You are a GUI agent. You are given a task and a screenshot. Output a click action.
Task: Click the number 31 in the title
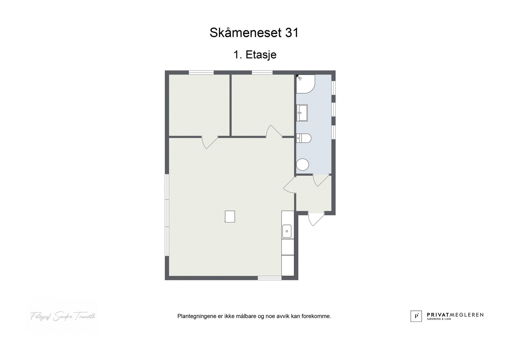click(291, 33)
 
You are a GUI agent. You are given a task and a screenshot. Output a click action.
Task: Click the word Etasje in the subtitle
click(261, 55)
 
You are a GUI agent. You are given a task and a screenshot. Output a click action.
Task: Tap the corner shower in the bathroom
click(305, 84)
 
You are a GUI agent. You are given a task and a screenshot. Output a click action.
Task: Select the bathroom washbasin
click(302, 113)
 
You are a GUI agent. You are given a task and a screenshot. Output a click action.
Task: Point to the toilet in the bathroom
click(303, 138)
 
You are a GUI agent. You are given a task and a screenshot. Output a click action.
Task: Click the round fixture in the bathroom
click(303, 165)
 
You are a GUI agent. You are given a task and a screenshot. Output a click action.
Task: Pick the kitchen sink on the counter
click(287, 231)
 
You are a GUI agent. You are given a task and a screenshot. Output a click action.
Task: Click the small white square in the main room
click(230, 217)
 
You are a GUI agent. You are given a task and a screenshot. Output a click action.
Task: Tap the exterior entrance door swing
click(315, 219)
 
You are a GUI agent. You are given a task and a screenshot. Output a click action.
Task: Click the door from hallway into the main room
click(289, 186)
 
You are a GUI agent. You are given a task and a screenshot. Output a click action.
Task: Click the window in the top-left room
click(201, 73)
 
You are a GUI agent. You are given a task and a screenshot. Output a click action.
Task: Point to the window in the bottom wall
click(269, 278)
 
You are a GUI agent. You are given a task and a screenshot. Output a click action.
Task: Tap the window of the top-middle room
click(262, 73)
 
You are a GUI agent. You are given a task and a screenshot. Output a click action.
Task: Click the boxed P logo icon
click(416, 316)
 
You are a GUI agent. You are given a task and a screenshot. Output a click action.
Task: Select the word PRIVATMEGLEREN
click(455, 315)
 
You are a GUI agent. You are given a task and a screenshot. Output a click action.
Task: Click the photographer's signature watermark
click(63, 316)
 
